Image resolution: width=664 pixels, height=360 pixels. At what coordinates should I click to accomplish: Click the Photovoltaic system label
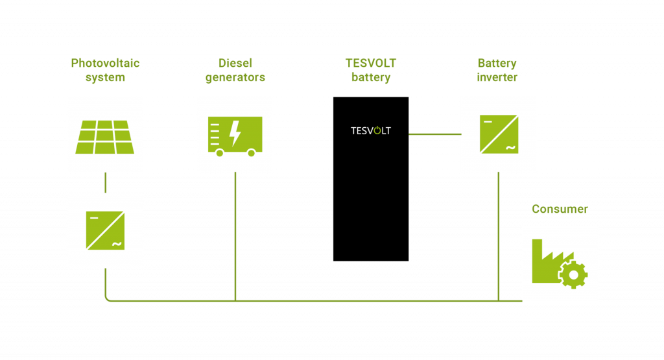click(105, 71)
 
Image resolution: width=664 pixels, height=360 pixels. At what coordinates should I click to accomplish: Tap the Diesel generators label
click(235, 71)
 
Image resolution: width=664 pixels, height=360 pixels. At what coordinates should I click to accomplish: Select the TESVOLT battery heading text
click(370, 71)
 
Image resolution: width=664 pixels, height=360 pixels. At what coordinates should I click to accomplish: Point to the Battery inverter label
click(497, 71)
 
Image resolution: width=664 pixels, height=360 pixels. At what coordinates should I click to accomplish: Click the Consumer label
click(560, 209)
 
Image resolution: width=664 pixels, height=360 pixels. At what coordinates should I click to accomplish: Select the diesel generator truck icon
click(235, 135)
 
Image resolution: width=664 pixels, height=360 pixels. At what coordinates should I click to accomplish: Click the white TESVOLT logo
click(370, 130)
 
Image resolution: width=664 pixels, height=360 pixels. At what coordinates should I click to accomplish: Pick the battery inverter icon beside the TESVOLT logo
click(499, 134)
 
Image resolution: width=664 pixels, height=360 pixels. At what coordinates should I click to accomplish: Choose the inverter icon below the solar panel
click(105, 230)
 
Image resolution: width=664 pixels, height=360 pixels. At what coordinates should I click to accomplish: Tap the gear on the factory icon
click(573, 275)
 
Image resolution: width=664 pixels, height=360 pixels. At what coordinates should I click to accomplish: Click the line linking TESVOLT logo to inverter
click(434, 134)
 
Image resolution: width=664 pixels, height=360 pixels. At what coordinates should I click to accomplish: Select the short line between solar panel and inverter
click(105, 182)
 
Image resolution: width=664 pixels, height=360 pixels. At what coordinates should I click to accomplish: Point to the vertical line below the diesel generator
click(235, 237)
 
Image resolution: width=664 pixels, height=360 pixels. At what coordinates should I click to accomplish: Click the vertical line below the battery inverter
click(498, 237)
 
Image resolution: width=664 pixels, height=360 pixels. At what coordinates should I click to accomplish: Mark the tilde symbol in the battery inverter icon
click(510, 147)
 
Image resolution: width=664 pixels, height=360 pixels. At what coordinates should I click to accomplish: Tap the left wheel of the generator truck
click(220, 153)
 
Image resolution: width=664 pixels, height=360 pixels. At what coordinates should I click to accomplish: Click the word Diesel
click(235, 64)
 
